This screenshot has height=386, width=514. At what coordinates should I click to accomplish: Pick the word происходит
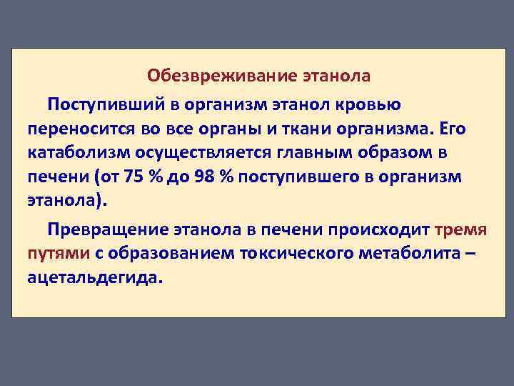(x=385, y=229)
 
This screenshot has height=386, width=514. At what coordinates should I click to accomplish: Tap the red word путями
(x=59, y=253)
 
